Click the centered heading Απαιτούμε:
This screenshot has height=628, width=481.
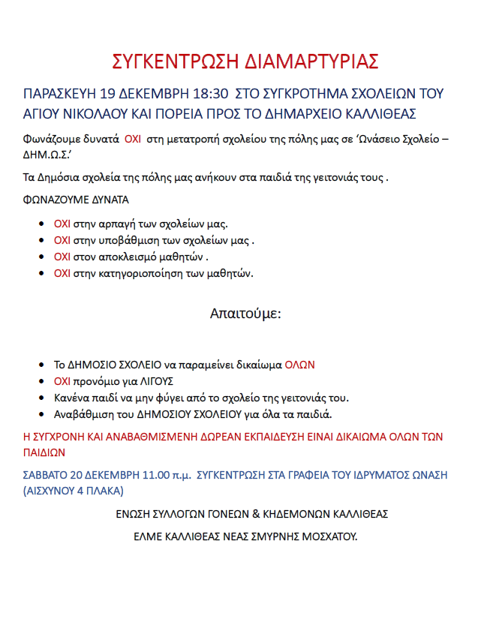point(245,313)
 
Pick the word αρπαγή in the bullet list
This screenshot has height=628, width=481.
point(110,224)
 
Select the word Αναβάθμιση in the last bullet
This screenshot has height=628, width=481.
point(83,414)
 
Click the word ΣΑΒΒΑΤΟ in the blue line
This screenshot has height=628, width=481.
point(47,474)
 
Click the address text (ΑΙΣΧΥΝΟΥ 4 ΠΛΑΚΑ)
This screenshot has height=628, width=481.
point(74,491)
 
